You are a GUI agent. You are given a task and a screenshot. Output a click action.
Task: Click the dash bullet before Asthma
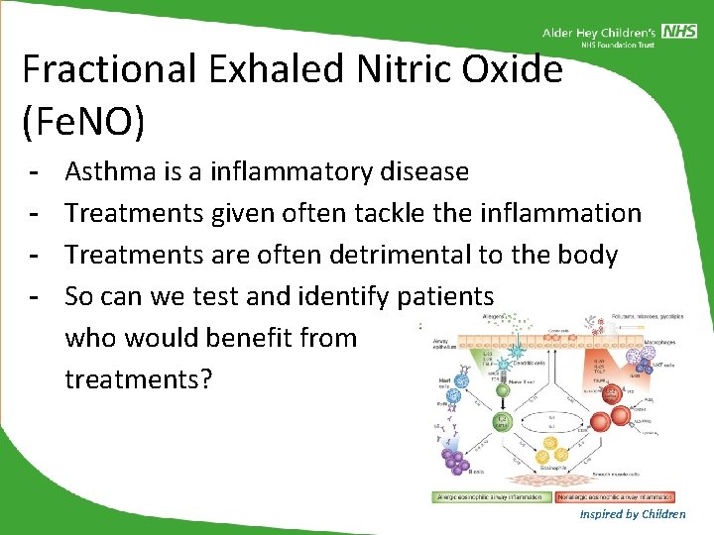[34, 171]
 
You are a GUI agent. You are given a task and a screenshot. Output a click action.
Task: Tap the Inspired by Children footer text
[633, 513]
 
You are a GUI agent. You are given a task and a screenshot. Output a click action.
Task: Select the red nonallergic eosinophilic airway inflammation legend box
[614, 495]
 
